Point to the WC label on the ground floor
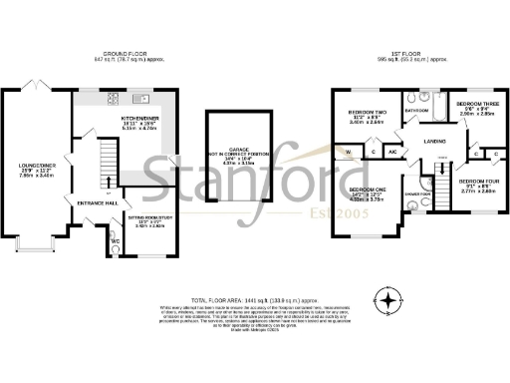pyautogui.click(x=116, y=240)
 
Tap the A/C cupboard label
pyautogui.click(x=392, y=152)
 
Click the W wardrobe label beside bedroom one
pyautogui.click(x=349, y=152)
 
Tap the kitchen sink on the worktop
pyautogui.click(x=142, y=99)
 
